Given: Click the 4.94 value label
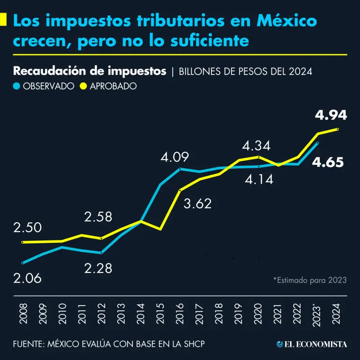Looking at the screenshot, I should click(331, 115).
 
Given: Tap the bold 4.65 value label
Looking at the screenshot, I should click(329, 163).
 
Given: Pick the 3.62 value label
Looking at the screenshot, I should click(197, 204).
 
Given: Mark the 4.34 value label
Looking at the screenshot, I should click(256, 146).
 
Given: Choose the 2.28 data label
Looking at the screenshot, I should click(99, 268).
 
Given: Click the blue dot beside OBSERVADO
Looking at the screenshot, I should click(17, 86).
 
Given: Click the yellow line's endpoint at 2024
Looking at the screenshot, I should click(337, 129).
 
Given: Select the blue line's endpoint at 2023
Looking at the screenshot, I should click(318, 142).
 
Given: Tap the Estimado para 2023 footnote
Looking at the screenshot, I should click(310, 280).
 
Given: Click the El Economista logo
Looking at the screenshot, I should click(312, 344).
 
